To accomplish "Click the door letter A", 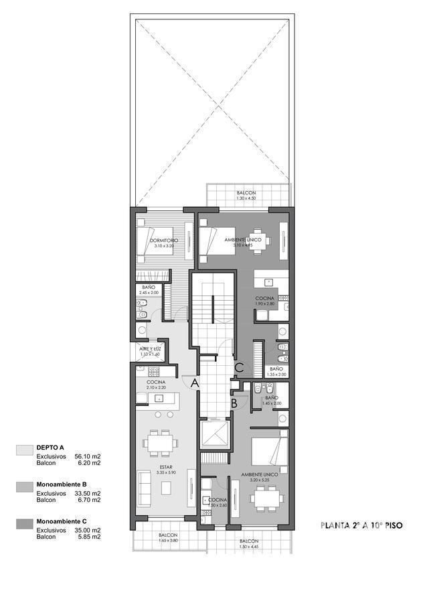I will [195, 383].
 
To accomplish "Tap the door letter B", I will [234, 403].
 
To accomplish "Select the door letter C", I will [239, 366].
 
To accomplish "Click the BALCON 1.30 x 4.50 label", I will [246, 196].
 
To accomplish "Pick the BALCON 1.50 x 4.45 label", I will [248, 543].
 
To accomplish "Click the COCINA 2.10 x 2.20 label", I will [156, 385].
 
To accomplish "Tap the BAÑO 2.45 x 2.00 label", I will [149, 289].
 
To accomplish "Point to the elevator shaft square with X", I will [214, 435].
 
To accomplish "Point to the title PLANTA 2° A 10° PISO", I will [361, 526].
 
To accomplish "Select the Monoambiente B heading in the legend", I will [62, 484].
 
